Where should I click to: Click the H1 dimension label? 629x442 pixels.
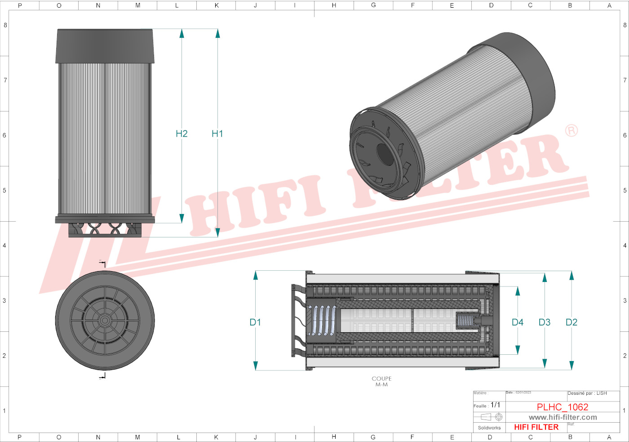click(x=217, y=134)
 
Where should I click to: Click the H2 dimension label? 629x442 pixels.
click(x=182, y=134)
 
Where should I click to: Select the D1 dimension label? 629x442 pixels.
click(x=255, y=322)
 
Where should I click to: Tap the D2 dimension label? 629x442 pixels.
click(x=571, y=322)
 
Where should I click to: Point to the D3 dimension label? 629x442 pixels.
click(x=544, y=322)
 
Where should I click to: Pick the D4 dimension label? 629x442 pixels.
click(x=517, y=322)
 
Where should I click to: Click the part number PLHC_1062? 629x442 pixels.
click(x=562, y=407)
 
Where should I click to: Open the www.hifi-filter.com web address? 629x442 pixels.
click(x=563, y=417)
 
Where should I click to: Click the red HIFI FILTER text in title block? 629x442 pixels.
click(x=536, y=427)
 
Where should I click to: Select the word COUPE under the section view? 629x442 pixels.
click(x=381, y=379)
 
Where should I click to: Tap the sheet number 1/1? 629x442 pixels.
click(x=495, y=405)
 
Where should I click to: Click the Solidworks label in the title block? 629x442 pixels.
click(x=489, y=428)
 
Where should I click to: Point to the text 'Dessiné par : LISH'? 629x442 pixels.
click(x=587, y=393)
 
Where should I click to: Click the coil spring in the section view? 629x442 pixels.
click(x=322, y=321)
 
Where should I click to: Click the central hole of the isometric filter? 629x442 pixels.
click(x=385, y=154)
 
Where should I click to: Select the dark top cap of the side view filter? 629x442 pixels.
click(x=105, y=46)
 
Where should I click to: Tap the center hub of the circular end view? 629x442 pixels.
click(x=105, y=320)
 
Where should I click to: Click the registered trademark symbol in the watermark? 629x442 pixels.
click(x=571, y=131)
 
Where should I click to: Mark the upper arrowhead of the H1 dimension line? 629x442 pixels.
click(x=217, y=33)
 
